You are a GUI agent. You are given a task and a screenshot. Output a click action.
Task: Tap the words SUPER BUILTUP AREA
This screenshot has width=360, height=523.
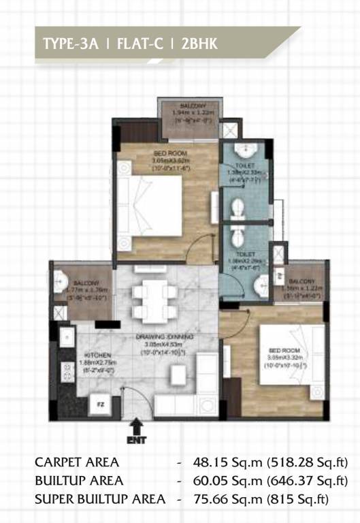[99, 499]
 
